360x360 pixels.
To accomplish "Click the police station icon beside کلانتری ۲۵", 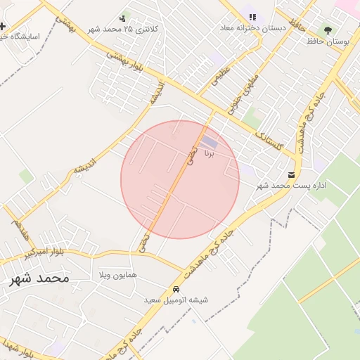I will coord(123,18).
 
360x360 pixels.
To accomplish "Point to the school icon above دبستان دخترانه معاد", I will coord(252,17).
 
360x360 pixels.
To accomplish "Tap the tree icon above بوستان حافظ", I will coord(328,30).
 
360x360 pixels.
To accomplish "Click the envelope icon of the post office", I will coord(291,174).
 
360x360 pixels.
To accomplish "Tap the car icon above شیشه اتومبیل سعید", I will coord(176,289).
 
